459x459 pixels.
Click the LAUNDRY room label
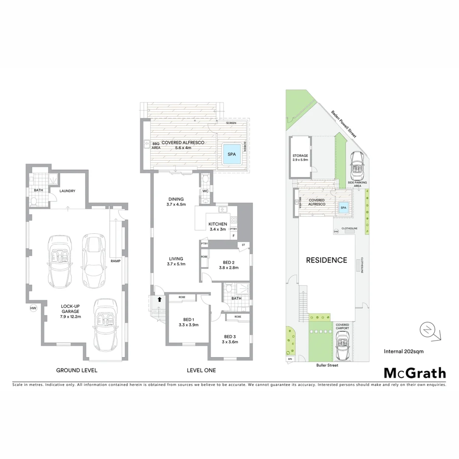pyautogui.click(x=68, y=191)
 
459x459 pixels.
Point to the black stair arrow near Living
pyautogui.click(x=159, y=299)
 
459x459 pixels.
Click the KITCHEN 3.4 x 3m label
pyautogui.click(x=218, y=227)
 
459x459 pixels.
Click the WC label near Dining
pyautogui.click(x=205, y=191)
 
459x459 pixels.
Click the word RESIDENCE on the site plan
pyautogui.click(x=326, y=260)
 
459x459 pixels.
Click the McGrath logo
pyautogui.click(x=415, y=373)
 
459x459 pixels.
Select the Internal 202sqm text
pyautogui.click(x=403, y=351)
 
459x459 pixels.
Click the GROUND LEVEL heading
pyautogui.click(x=77, y=370)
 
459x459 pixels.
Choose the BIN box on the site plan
pyautogui.click(x=290, y=359)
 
